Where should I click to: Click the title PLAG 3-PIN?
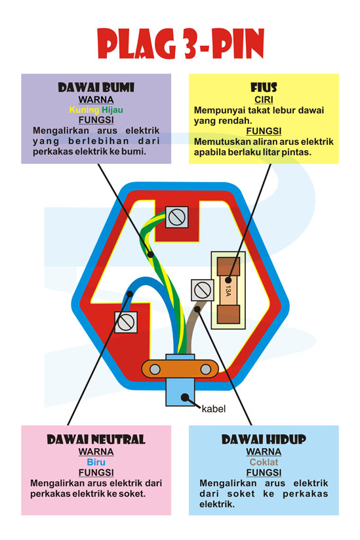(180, 44)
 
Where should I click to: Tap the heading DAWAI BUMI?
(96, 87)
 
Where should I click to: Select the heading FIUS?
(264, 87)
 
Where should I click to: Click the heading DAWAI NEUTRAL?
(96, 440)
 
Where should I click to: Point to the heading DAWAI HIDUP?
(264, 440)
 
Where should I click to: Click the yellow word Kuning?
(84, 110)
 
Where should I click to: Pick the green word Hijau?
(112, 110)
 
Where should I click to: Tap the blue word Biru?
(96, 462)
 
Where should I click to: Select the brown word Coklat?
(264, 462)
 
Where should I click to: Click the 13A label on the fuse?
(228, 291)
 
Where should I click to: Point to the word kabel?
(214, 409)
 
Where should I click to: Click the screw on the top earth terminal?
(177, 217)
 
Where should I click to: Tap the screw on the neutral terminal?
(126, 322)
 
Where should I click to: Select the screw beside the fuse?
(203, 290)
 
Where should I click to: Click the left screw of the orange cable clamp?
(155, 370)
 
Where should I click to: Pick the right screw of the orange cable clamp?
(206, 370)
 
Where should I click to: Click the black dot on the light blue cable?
(185, 397)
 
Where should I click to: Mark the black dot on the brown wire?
(197, 309)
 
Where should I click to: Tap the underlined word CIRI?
(264, 100)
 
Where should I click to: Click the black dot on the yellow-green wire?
(150, 254)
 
